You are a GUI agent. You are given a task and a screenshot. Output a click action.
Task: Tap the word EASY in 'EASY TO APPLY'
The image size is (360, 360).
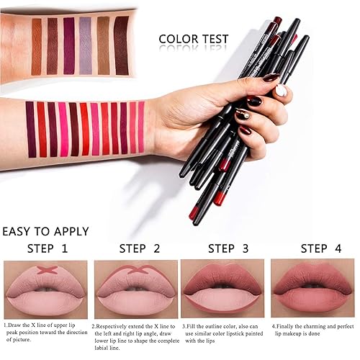point(19,232)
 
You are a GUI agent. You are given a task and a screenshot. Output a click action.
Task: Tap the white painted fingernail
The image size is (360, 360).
point(281,91)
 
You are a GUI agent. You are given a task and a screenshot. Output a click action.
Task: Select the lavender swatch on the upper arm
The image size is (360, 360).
point(86,45)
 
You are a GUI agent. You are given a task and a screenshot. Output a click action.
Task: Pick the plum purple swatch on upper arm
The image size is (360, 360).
point(69,45)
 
